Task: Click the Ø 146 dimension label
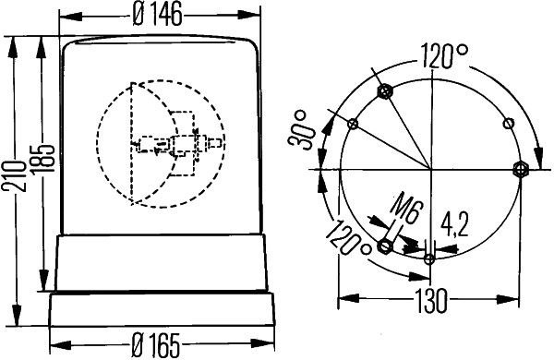(158, 14)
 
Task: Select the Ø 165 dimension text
(156, 345)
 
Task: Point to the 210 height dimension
(14, 175)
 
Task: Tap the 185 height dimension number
(42, 158)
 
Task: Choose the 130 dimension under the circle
(429, 301)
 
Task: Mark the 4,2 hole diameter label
(454, 225)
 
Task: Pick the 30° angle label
(300, 130)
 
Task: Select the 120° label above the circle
(444, 56)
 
